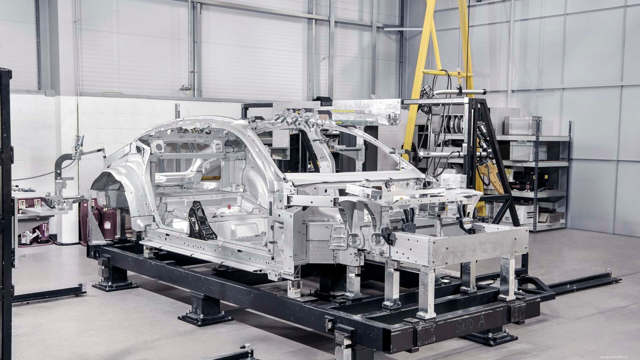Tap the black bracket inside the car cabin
200,220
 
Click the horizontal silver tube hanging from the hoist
457,92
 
